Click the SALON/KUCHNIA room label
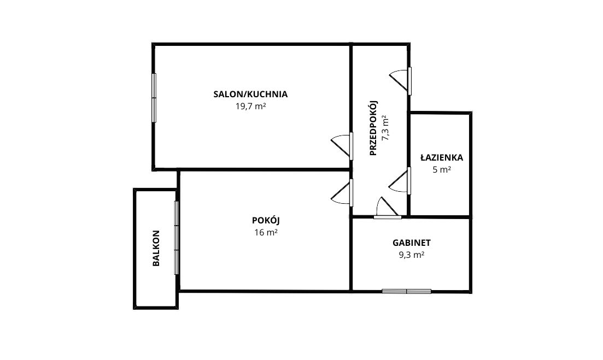(x=250, y=94)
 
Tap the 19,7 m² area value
(x=251, y=107)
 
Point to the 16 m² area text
(x=266, y=233)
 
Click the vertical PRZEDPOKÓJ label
(x=373, y=128)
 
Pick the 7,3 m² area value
(x=385, y=128)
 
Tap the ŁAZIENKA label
(x=442, y=157)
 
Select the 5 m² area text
(x=442, y=170)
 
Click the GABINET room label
(x=412, y=243)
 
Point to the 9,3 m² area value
(x=412, y=255)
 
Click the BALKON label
(x=156, y=248)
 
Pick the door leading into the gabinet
(x=388, y=209)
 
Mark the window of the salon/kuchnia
(x=154, y=98)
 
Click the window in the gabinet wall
(x=407, y=291)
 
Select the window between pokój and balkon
(x=177, y=238)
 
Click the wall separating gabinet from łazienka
(x=439, y=217)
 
